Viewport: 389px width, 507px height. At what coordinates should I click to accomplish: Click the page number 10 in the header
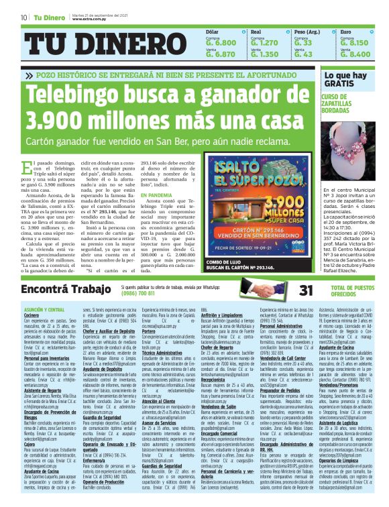tap(23, 16)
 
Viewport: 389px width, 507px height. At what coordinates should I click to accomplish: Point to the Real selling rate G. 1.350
tap(264, 54)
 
